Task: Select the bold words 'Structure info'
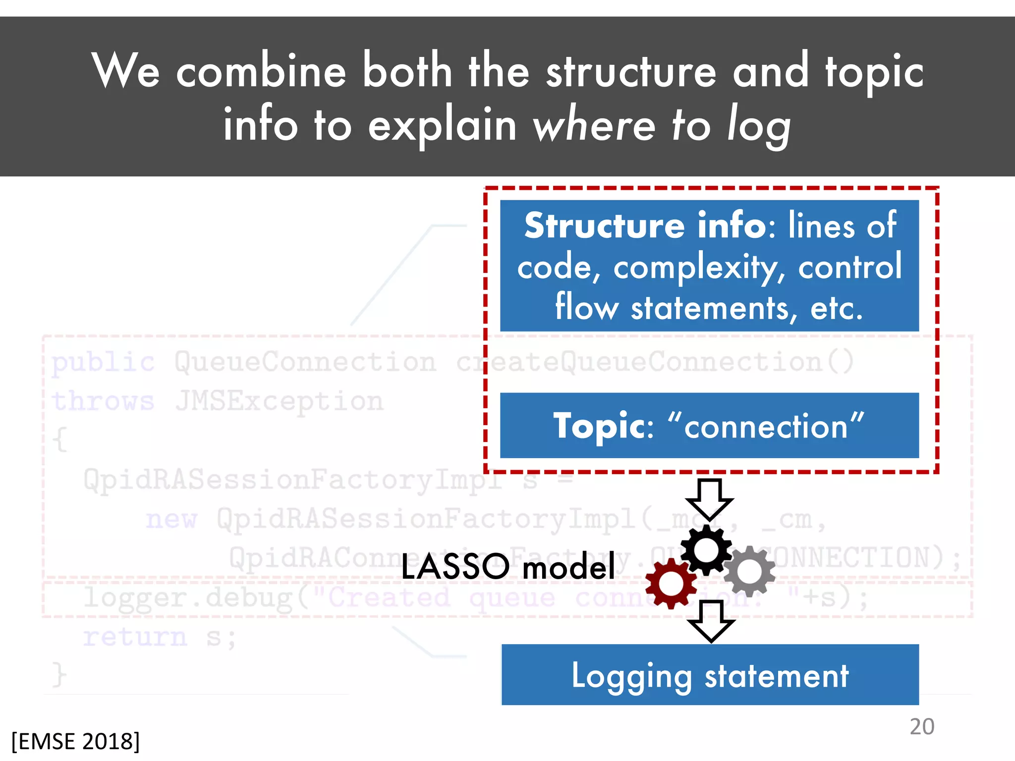tap(645, 225)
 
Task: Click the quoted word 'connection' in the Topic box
tap(766, 426)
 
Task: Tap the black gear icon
tap(706, 549)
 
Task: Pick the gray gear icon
tap(749, 571)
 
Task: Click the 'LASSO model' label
tap(508, 566)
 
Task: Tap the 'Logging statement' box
tap(710, 675)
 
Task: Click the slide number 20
tap(921, 727)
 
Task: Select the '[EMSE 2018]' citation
tap(75, 741)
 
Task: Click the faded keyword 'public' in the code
tap(103, 362)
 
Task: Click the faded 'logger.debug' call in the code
tap(188, 598)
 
